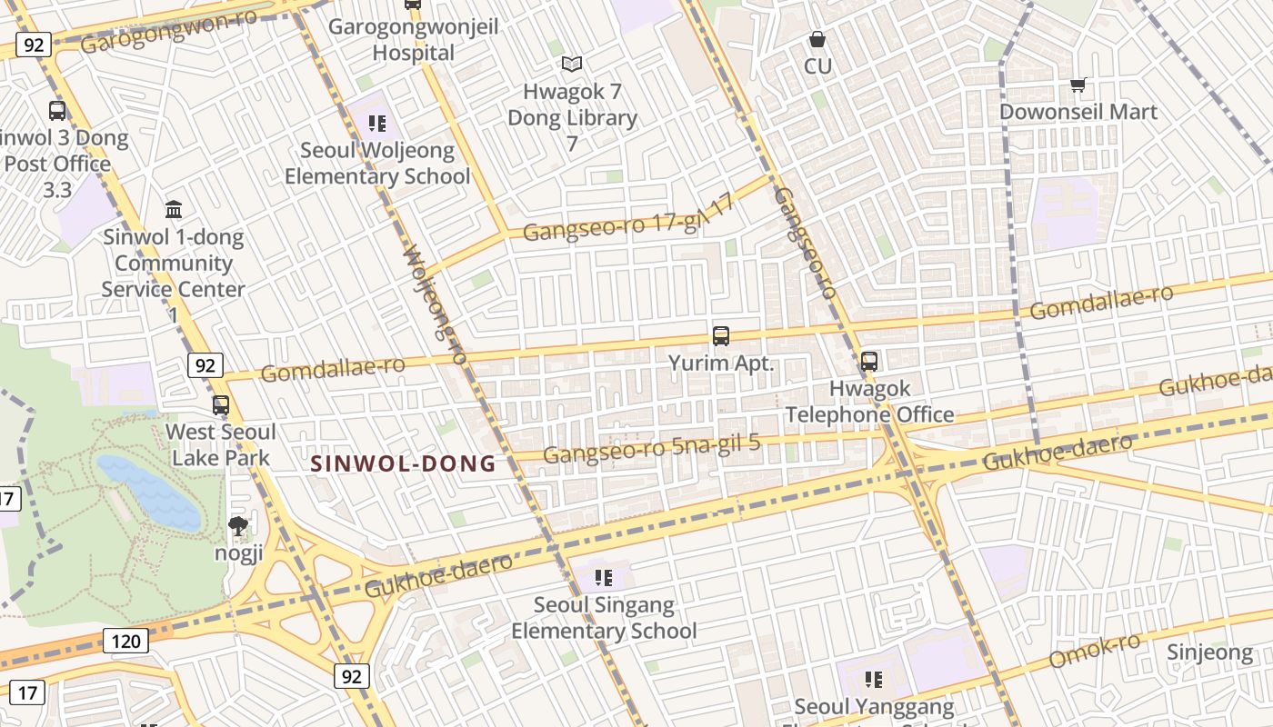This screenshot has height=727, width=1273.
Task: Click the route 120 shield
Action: (125, 641)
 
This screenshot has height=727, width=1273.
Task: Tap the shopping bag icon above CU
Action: (817, 40)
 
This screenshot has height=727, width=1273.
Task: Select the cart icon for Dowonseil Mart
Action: (1078, 85)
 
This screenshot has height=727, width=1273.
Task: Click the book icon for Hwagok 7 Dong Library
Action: (571, 65)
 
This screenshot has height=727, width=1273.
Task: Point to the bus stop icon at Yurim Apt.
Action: (721, 335)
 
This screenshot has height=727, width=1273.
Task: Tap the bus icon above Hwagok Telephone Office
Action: (869, 361)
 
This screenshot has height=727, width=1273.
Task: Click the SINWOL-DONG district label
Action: (404, 464)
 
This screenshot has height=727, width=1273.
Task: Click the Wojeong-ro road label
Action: (435, 304)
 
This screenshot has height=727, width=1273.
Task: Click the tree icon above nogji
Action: (238, 525)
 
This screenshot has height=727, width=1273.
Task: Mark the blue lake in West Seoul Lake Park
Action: (150, 492)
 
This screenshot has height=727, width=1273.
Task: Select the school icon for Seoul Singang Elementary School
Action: (603, 577)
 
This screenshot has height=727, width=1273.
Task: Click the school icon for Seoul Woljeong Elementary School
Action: (377, 124)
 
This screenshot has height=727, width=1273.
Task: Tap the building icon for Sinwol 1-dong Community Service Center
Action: (174, 210)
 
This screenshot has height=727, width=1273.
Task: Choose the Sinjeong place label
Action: (1209, 652)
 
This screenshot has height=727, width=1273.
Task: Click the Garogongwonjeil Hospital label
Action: (414, 39)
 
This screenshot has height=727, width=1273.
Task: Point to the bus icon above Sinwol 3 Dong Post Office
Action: (57, 111)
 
